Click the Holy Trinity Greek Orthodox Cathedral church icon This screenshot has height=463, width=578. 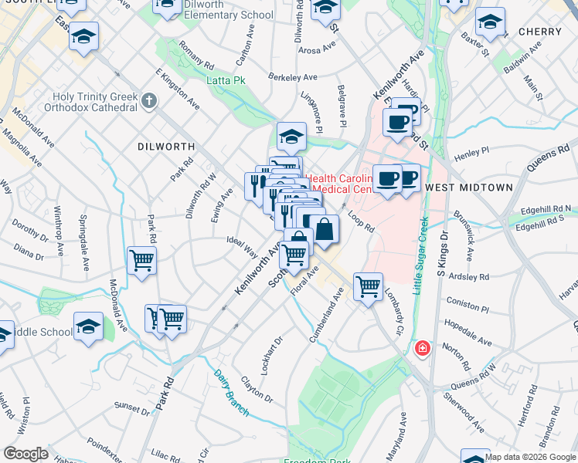pyautogui.click(x=149, y=101)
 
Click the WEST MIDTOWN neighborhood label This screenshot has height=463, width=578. pyautogui.click(x=469, y=188)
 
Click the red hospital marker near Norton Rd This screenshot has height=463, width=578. pyautogui.click(x=422, y=349)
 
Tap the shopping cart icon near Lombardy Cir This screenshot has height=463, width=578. pyautogui.click(x=369, y=286)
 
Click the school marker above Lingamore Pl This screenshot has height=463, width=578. pyautogui.click(x=291, y=137)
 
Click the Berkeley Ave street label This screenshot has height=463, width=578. pyautogui.click(x=293, y=77)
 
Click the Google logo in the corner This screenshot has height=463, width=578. pyautogui.click(x=26, y=454)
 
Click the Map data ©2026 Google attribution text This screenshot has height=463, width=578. pyautogui.click(x=531, y=457)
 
